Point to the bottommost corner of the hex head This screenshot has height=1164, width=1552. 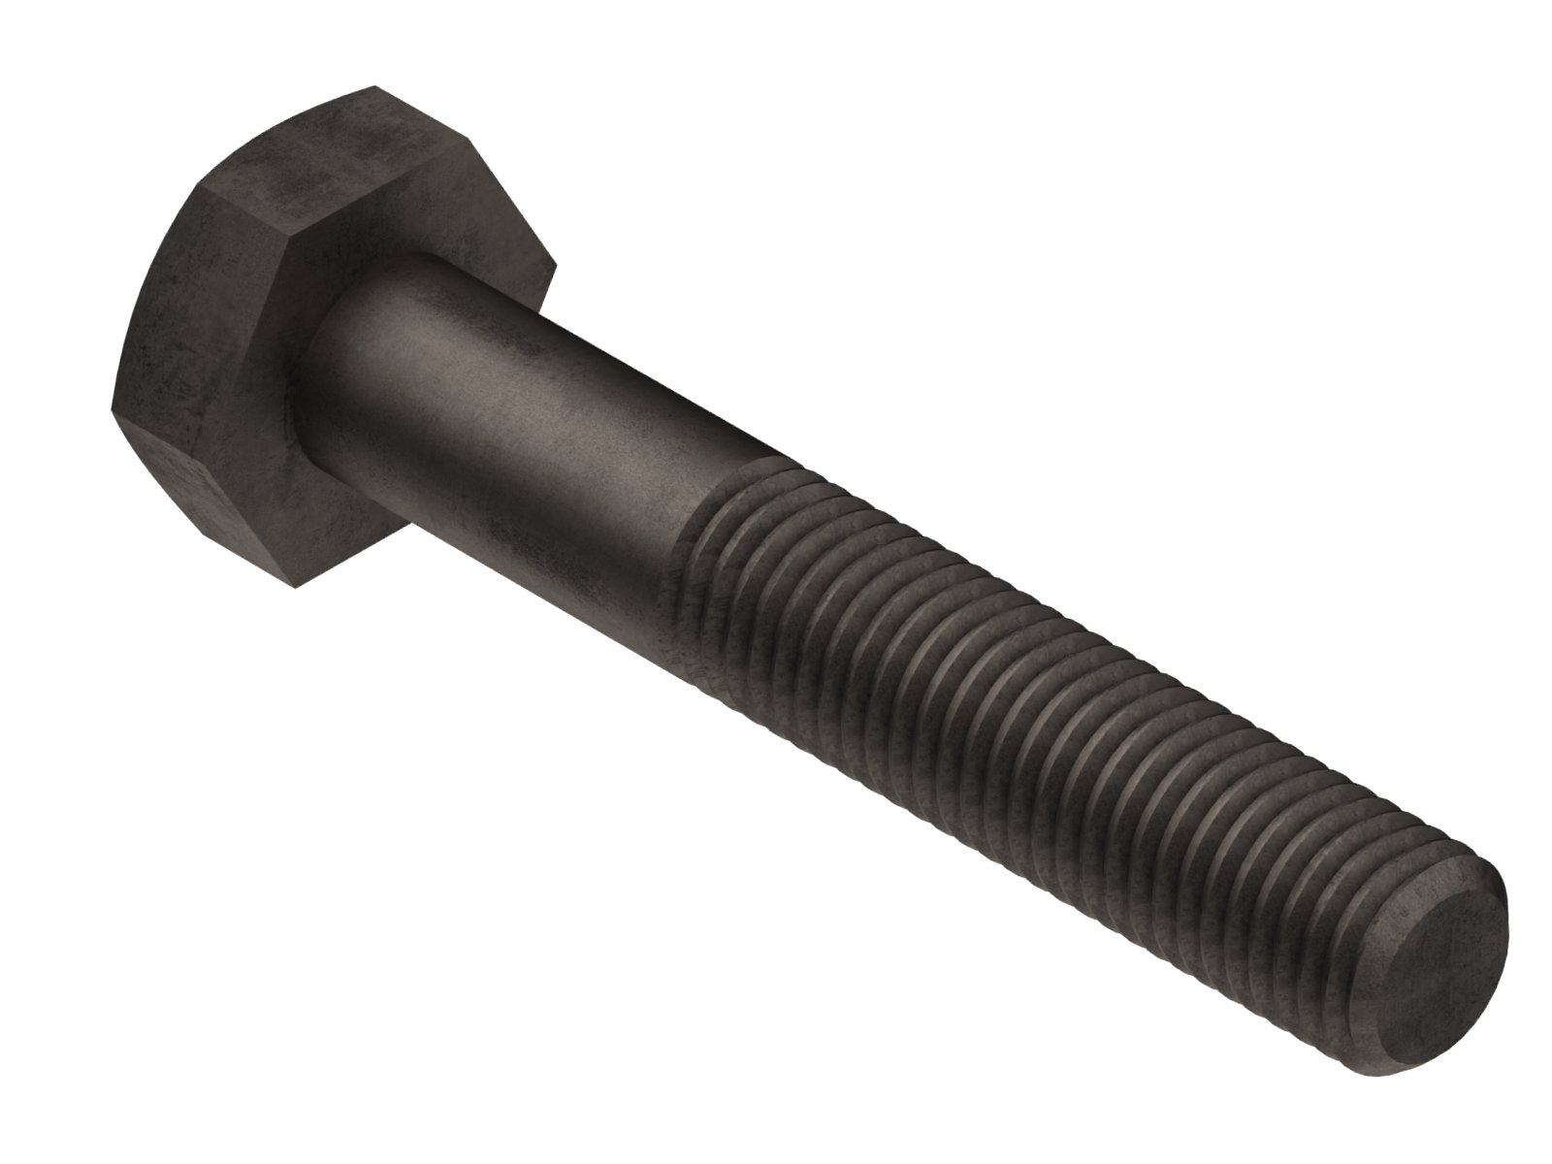(291, 587)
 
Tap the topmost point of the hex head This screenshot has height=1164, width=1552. (374, 87)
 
